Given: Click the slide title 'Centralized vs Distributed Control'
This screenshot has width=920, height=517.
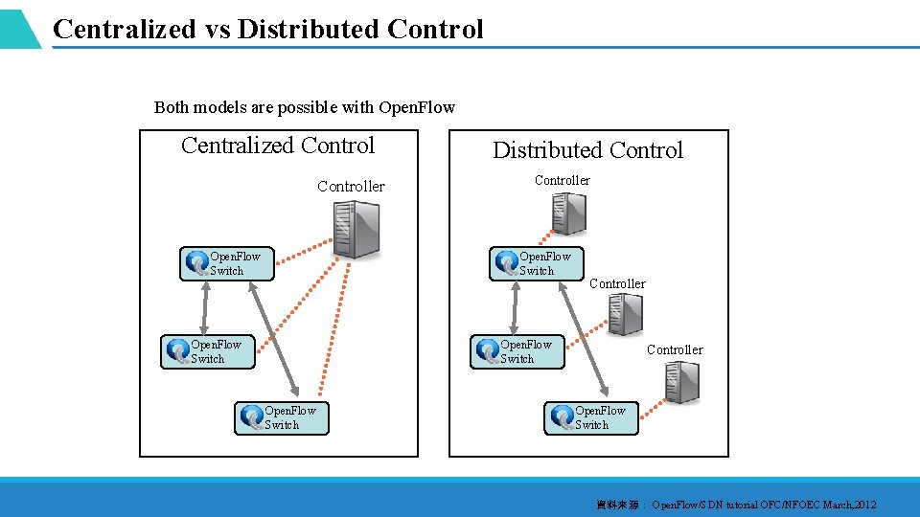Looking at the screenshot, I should [x=268, y=30].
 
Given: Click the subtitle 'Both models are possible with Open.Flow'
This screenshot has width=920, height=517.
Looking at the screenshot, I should [x=305, y=107].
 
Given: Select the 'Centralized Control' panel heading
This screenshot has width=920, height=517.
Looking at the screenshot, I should [x=278, y=146].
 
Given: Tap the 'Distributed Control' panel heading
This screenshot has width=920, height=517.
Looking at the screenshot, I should [x=587, y=150].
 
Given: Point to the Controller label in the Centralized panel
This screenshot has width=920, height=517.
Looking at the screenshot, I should [x=351, y=187].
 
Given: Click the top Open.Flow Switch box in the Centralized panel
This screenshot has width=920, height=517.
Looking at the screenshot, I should [x=226, y=263].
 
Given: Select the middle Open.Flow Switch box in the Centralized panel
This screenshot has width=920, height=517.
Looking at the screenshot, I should [x=207, y=351].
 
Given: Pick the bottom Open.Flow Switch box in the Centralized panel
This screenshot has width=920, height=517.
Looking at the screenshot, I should [x=281, y=417].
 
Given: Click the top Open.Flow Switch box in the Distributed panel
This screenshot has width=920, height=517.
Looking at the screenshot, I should [x=536, y=263].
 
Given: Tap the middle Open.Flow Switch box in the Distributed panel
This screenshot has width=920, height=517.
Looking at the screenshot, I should [x=517, y=351].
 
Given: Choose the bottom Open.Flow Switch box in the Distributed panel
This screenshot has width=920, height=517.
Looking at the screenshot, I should [x=591, y=417].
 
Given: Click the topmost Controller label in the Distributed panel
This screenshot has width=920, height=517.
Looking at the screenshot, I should [x=563, y=180].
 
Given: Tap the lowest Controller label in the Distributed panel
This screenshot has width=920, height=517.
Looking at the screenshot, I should [x=675, y=349].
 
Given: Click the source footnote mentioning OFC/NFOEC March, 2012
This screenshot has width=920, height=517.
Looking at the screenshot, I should [x=736, y=505].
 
